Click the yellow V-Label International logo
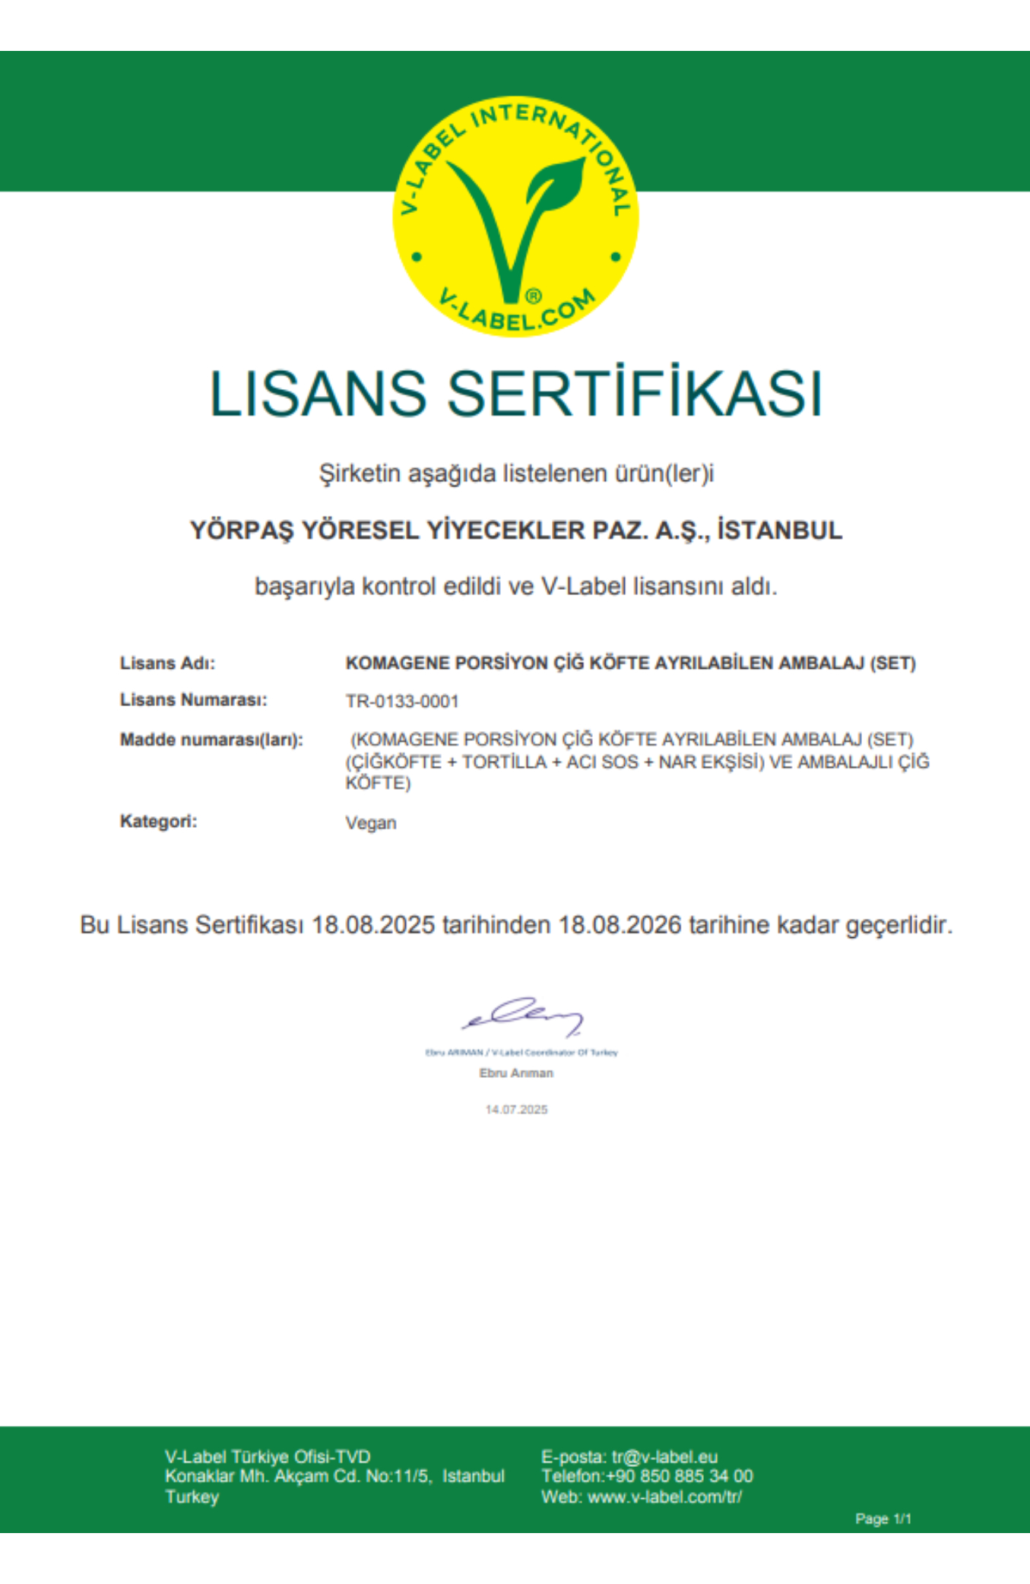coord(515,217)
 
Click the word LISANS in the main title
coord(317,394)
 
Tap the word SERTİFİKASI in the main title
coord(635,394)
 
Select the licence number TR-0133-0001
coord(402,702)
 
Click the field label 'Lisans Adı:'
coord(167,664)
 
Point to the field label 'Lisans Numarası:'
coord(193,700)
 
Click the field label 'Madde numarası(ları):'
coord(211,740)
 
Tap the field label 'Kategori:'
coord(158,822)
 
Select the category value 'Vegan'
coord(371,823)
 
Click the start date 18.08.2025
coord(373,926)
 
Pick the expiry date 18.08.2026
coord(620,926)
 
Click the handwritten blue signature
coord(523,1016)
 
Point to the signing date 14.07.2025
coord(516,1110)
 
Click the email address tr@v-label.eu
coord(664,1457)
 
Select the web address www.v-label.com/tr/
coord(664,1497)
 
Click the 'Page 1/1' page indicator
coord(883,1519)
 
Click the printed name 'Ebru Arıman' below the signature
coord(516,1073)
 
